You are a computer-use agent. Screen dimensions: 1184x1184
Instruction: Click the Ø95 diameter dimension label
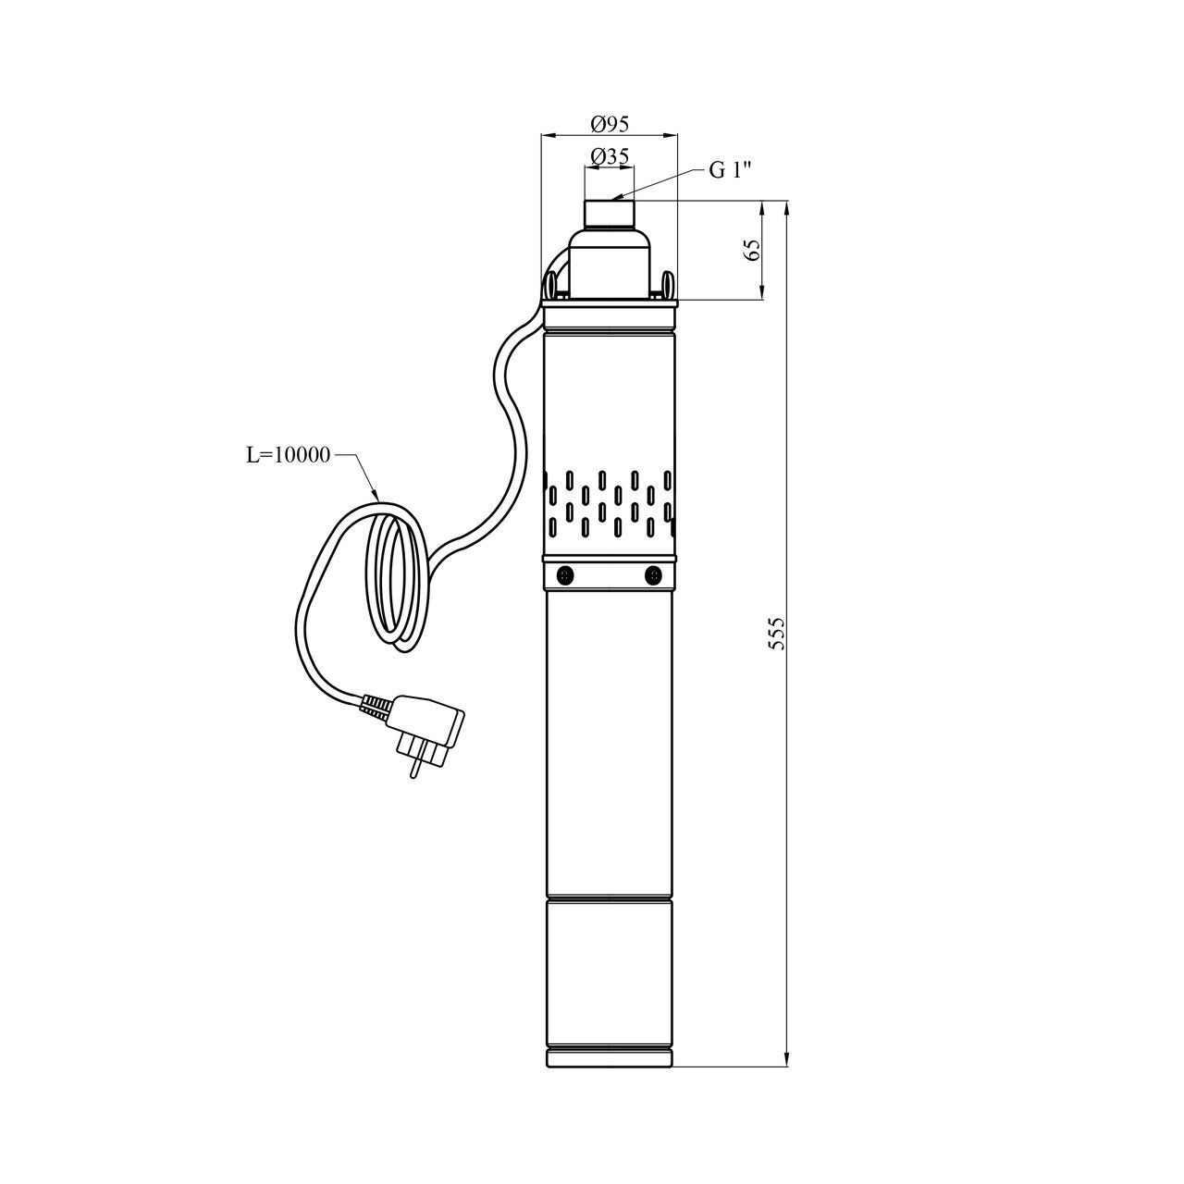(610, 124)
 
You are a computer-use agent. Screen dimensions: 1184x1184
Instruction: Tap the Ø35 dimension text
(610, 156)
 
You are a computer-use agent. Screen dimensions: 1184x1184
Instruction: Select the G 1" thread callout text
(730, 171)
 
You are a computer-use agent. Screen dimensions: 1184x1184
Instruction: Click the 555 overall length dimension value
(778, 634)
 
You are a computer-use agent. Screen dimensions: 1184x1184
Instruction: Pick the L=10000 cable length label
(289, 455)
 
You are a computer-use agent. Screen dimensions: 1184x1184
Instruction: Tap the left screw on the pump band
(563, 575)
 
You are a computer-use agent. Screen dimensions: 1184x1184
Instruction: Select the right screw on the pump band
(652, 575)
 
